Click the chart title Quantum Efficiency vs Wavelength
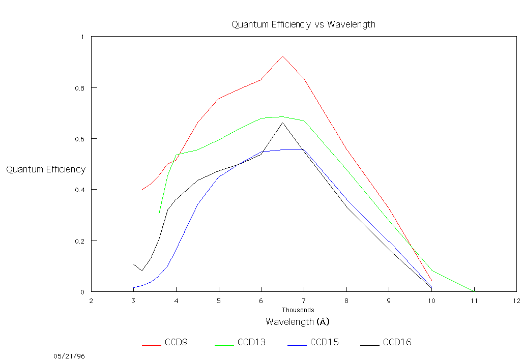pos(303,24)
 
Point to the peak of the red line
pos(282,56)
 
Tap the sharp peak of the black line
pos(282,123)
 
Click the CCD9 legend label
pos(176,342)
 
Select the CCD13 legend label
pos(251,342)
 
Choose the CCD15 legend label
pos(324,342)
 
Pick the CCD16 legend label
pos(397,342)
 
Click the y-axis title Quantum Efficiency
pos(46,169)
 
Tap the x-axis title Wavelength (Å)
pos(298,322)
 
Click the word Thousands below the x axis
pos(298,310)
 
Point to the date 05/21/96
pos(69,356)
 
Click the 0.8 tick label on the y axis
pos(79,88)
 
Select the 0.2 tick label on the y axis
pos(79,241)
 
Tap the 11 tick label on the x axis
pos(474,301)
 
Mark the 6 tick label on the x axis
pos(261,301)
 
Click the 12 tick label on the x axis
pos(516,301)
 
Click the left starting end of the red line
pos(142,189)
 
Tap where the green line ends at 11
pos(473,291)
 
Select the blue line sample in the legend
pos(152,345)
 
